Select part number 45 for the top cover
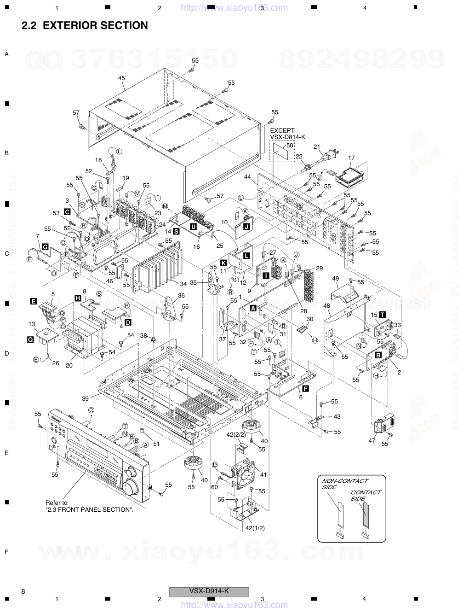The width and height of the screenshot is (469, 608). pyautogui.click(x=121, y=78)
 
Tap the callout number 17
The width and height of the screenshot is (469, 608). pyautogui.click(x=351, y=158)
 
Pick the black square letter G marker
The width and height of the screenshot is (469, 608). pyautogui.click(x=45, y=247)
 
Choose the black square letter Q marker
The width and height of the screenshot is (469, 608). pyautogui.click(x=30, y=339)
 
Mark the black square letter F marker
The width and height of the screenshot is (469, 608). pyautogui.click(x=305, y=389)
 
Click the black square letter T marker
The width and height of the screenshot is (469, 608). pyautogui.click(x=383, y=315)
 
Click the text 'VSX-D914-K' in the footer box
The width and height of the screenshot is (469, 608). pyautogui.click(x=209, y=591)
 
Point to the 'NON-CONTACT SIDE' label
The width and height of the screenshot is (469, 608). pyautogui.click(x=337, y=484)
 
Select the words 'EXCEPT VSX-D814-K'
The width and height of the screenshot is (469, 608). pyautogui.click(x=287, y=134)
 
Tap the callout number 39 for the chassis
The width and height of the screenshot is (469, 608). pyautogui.click(x=86, y=398)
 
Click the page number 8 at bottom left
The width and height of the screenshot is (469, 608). pyautogui.click(x=23, y=591)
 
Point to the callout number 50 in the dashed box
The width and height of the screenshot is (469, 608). pyautogui.click(x=289, y=145)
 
